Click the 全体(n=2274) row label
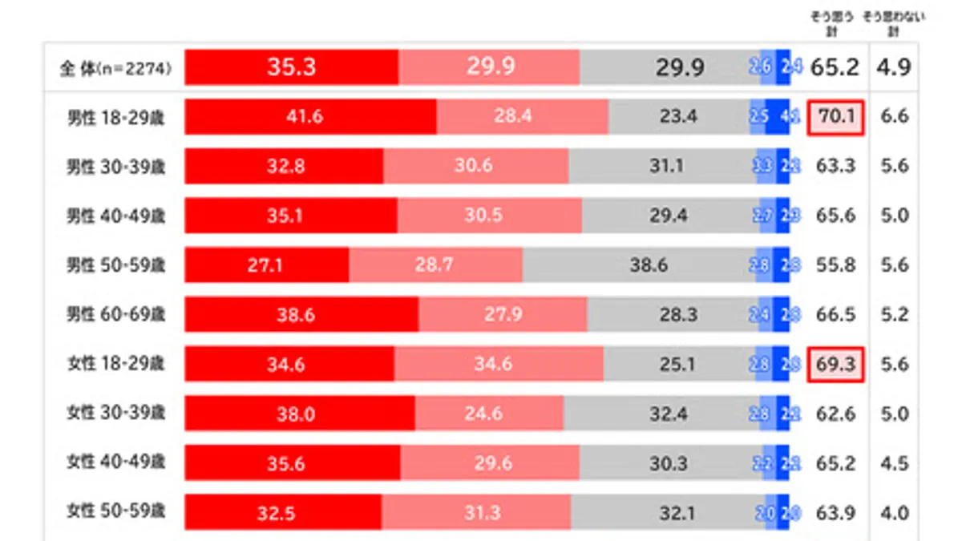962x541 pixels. (x=115, y=68)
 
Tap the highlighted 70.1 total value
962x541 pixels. (x=835, y=117)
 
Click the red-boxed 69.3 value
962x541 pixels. (x=835, y=365)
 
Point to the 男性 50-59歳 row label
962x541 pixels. (x=115, y=265)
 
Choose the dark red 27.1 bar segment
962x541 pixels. (x=266, y=265)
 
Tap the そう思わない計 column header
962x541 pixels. (x=893, y=23)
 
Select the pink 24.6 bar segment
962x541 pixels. (x=489, y=414)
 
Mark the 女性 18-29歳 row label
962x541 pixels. (x=115, y=365)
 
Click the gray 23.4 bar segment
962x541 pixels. (x=678, y=117)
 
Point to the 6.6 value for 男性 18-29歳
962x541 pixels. (x=894, y=117)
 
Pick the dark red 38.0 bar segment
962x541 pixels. (x=299, y=414)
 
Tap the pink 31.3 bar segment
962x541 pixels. (x=476, y=513)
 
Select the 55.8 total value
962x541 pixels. (x=835, y=265)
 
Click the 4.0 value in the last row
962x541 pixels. (x=894, y=513)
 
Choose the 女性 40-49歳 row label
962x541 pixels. (x=115, y=464)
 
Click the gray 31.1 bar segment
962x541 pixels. (x=664, y=167)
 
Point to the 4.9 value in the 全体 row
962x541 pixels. (x=894, y=68)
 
